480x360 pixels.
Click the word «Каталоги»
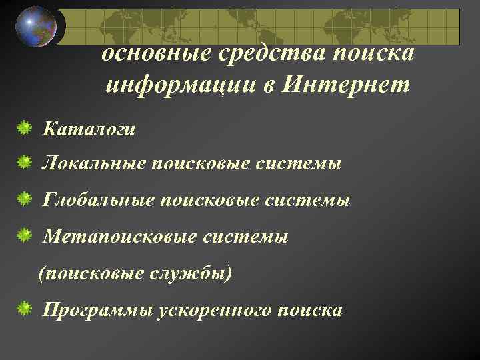point(89,127)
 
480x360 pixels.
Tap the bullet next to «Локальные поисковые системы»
point(24,161)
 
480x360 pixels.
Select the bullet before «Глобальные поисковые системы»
point(24,198)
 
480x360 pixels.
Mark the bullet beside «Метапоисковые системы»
point(24,235)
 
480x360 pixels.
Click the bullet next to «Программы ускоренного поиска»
point(24,308)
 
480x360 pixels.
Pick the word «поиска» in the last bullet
point(311,310)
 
